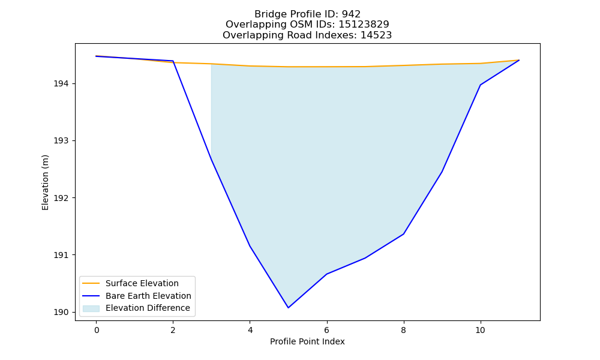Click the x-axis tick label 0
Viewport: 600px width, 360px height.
coord(97,330)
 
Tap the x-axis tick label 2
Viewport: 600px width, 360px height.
coord(173,330)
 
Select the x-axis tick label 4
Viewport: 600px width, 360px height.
coord(250,330)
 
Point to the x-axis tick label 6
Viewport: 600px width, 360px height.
coord(327,330)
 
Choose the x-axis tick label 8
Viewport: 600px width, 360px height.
coord(403,330)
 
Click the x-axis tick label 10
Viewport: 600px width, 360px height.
coord(480,330)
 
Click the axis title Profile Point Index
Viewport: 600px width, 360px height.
coord(307,341)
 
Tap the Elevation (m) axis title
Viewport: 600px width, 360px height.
coord(45,182)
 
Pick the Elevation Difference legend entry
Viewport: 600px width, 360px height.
coord(136,308)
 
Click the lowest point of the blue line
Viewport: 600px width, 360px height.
coord(288,308)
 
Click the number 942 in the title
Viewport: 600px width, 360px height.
coord(351,14)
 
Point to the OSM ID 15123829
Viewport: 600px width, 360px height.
coord(364,25)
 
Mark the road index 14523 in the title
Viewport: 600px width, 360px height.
coord(376,35)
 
